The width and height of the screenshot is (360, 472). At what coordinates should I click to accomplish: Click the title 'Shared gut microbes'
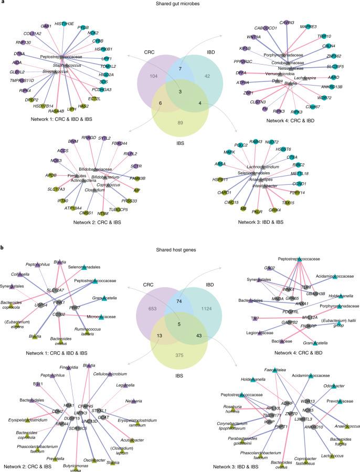click(179, 6)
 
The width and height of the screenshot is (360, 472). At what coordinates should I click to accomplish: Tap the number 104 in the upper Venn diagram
click(154, 76)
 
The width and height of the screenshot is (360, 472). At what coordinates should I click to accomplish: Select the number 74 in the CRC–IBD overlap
click(180, 300)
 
